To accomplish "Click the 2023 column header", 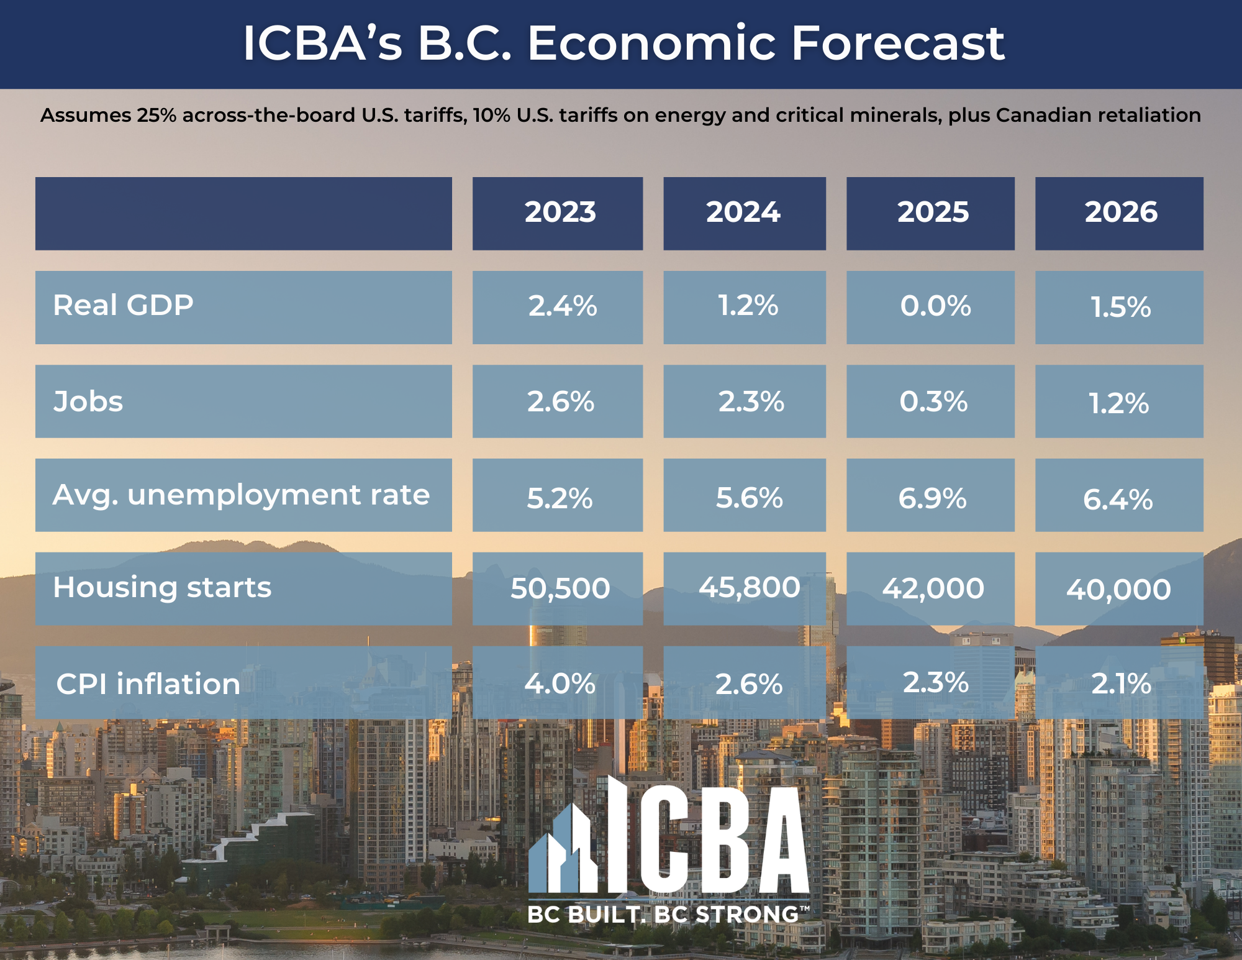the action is click(x=560, y=213).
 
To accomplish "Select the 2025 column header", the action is click(x=933, y=213).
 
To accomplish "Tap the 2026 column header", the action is click(x=1121, y=213).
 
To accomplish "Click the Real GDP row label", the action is click(x=123, y=306).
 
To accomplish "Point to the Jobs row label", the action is click(x=88, y=401).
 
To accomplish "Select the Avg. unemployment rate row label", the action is click(x=241, y=496).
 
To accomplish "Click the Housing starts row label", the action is click(x=162, y=588).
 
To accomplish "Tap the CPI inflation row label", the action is click(x=148, y=684).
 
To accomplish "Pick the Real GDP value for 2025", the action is click(x=935, y=306).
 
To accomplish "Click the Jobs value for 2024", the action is click(x=751, y=402).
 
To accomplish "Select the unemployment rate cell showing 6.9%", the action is click(x=932, y=498).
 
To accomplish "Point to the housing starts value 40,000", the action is click(x=1118, y=590).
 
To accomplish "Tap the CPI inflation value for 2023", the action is click(x=560, y=684).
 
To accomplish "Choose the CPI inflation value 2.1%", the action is click(x=1121, y=684).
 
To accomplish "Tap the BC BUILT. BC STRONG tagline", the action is click(x=668, y=914).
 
